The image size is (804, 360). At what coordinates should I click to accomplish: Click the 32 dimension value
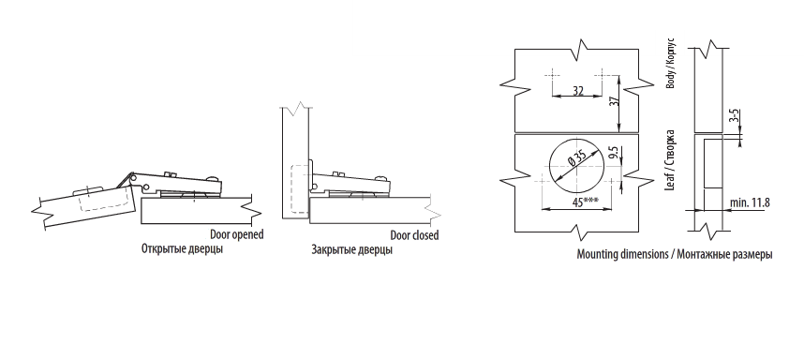pos(578,91)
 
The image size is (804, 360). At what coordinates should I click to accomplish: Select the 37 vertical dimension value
pos(616,100)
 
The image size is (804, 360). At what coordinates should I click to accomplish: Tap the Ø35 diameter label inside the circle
pos(578,159)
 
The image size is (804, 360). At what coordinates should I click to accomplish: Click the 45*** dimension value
pos(585,202)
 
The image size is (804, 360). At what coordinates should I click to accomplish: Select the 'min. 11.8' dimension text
pos(750,202)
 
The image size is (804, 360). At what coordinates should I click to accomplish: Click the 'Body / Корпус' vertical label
pos(671,63)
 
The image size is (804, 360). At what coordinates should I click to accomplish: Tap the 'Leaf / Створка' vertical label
pos(670,160)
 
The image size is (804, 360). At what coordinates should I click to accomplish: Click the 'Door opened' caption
pos(237,234)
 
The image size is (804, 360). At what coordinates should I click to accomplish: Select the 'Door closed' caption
pos(414,235)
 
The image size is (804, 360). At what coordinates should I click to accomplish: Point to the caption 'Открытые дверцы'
pos(182,249)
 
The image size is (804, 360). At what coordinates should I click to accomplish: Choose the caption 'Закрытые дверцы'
pos(351,250)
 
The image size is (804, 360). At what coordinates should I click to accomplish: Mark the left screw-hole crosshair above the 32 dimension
pos(552,75)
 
